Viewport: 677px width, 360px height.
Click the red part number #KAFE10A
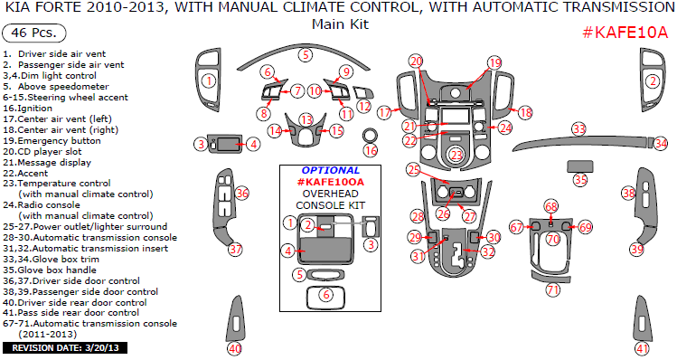(x=625, y=32)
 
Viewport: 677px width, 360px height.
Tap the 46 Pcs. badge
(x=34, y=33)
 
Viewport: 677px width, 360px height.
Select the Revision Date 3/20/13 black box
(x=65, y=348)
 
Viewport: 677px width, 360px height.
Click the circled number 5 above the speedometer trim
(x=306, y=55)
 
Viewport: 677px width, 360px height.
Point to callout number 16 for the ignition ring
(x=371, y=150)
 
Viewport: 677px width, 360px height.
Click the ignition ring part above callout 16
(x=370, y=135)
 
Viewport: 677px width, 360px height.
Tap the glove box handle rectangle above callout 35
(x=580, y=166)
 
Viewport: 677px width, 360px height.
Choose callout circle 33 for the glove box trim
(x=579, y=128)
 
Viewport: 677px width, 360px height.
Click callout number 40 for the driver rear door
(x=234, y=349)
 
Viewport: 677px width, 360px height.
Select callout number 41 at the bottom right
(x=643, y=349)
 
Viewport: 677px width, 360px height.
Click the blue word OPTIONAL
(x=330, y=171)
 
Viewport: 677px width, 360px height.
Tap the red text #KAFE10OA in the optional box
(x=330, y=182)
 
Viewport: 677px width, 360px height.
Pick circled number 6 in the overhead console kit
(x=326, y=295)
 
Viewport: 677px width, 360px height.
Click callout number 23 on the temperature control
(x=456, y=155)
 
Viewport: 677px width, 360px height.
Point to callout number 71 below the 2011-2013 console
(x=553, y=289)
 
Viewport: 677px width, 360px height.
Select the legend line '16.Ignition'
(x=28, y=109)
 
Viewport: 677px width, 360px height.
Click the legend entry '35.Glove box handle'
(x=50, y=270)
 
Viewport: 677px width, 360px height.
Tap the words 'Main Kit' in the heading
(x=340, y=24)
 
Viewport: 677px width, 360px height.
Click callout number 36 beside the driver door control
(x=242, y=193)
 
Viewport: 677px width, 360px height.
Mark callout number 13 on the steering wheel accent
(x=306, y=119)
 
